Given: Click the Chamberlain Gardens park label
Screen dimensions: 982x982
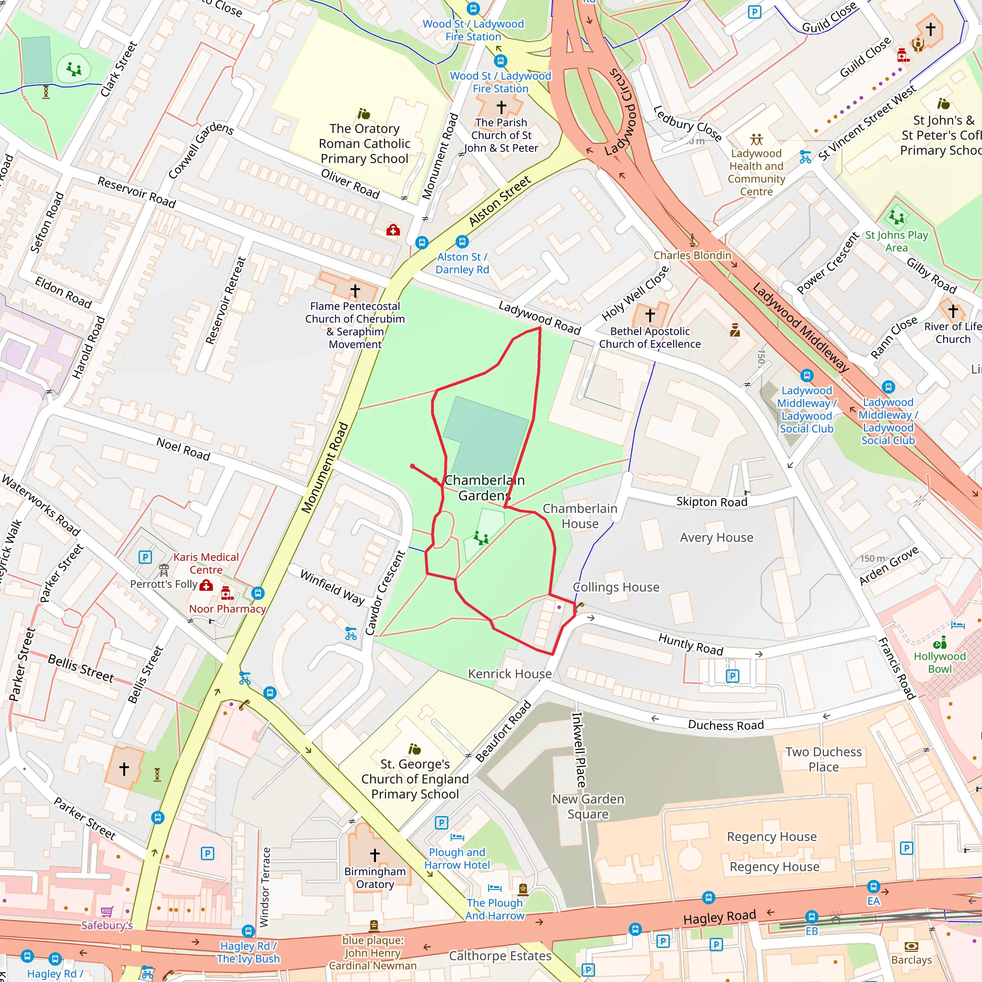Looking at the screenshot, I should pyautogui.click(x=484, y=488).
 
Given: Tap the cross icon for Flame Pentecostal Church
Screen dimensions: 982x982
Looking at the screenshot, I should pyautogui.click(x=355, y=291).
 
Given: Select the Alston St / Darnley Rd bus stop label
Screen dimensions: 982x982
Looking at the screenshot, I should pyautogui.click(x=462, y=263).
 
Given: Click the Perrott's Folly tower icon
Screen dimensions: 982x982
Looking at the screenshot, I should pyautogui.click(x=164, y=569).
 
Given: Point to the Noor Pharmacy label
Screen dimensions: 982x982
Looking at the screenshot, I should pyautogui.click(x=227, y=609).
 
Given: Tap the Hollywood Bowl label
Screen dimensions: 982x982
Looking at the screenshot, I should pyautogui.click(x=939, y=662).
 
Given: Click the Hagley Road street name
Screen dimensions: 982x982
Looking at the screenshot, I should pyautogui.click(x=719, y=917).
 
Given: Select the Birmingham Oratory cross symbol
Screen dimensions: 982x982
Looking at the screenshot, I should pyautogui.click(x=374, y=855).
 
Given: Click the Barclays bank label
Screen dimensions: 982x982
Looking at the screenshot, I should pyautogui.click(x=912, y=959).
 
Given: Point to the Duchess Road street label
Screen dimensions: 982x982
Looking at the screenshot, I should pyautogui.click(x=725, y=725).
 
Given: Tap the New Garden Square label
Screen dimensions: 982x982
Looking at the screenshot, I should pyautogui.click(x=588, y=807).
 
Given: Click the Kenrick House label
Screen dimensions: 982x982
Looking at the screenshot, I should pyautogui.click(x=509, y=674).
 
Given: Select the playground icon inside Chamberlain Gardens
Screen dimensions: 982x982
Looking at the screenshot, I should pyautogui.click(x=480, y=537).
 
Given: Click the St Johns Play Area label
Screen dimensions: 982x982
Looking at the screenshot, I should pyautogui.click(x=896, y=242).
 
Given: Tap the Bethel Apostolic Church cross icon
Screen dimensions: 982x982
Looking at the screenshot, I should pyautogui.click(x=650, y=315).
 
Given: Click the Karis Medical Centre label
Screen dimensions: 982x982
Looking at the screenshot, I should pyautogui.click(x=206, y=563).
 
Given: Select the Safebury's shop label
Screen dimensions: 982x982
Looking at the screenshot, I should pyautogui.click(x=107, y=925).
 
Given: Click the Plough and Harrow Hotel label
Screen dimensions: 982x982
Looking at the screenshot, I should pyautogui.click(x=457, y=858).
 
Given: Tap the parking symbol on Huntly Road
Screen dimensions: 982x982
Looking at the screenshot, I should pyautogui.click(x=732, y=676).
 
